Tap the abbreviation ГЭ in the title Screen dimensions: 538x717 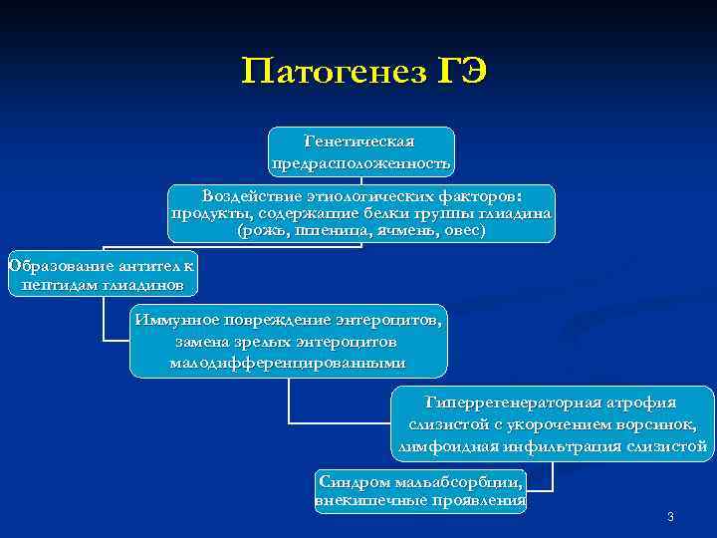pyautogui.click(x=460, y=72)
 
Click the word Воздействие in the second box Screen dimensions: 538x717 pyautogui.click(x=244, y=195)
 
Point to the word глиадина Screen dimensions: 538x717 pyautogui.click(x=518, y=213)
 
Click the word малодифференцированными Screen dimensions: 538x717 pyautogui.click(x=288, y=362)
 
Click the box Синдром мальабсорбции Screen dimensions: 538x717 pyautogui.click(x=420, y=490)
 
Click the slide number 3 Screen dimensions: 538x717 pyautogui.click(x=670, y=516)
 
